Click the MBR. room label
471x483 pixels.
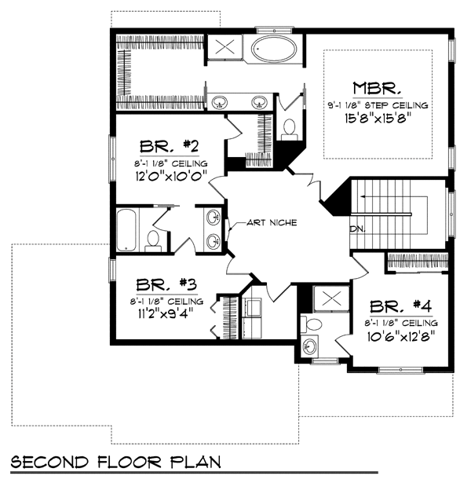click(378, 88)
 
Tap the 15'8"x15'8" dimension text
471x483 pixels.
click(378, 118)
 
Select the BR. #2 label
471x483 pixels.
click(169, 147)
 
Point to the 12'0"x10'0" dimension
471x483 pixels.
click(170, 176)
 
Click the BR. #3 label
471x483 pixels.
click(166, 284)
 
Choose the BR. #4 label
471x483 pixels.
click(401, 306)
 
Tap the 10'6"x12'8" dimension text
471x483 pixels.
click(401, 336)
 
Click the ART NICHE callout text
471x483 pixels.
click(272, 222)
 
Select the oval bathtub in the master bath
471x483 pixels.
click(274, 49)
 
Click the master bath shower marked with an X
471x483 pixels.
click(225, 47)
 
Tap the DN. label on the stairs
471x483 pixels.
click(358, 229)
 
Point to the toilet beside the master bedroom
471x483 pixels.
click(290, 130)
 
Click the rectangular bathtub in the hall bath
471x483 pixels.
click(126, 230)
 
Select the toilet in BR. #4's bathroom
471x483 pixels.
click(311, 324)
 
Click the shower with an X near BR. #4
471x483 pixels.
click(331, 298)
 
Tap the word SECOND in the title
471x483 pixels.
click(49, 463)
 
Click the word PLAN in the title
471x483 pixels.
click(195, 462)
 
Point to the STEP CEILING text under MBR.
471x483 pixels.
click(396, 106)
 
